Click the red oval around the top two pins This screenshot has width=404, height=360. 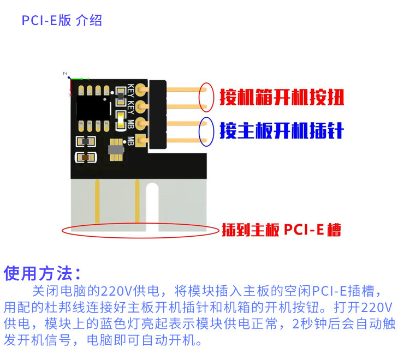coord(206,97)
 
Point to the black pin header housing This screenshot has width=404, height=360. coord(158,115)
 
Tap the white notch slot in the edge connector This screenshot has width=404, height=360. coord(152,207)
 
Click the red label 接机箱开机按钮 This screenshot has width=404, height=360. coord(282,98)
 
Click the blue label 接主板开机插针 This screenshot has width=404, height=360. coord(281,131)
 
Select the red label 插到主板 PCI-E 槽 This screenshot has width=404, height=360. coord(281,230)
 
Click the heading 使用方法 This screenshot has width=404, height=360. coord(43,272)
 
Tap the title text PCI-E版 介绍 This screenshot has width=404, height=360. coord(62,21)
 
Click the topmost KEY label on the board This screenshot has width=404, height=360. coord(131,89)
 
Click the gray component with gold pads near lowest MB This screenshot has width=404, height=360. coord(116,148)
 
